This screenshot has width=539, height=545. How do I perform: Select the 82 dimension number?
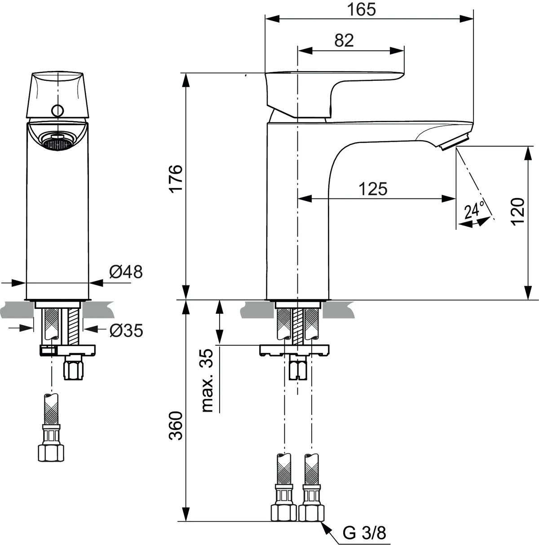345,40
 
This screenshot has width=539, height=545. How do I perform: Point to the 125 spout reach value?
372,189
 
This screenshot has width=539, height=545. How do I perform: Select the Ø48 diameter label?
126,272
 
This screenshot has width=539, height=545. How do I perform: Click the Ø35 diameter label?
126,331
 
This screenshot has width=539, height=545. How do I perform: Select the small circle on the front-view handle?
57,110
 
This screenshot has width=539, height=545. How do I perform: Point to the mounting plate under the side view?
294,350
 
